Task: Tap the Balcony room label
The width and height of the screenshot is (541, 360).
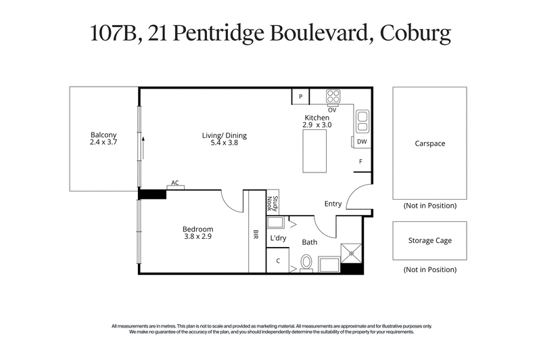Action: [104, 134]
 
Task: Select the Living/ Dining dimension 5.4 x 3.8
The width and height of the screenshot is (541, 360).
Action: [220, 143]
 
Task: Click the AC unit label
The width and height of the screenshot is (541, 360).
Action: [175, 183]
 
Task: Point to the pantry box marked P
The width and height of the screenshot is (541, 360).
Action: [300, 97]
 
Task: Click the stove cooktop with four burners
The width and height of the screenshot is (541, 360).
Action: [333, 96]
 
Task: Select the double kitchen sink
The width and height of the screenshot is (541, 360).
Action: [362, 121]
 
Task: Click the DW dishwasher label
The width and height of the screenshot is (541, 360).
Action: [362, 142]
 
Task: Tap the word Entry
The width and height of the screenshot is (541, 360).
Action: [333, 204]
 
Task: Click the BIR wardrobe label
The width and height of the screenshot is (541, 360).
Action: [256, 235]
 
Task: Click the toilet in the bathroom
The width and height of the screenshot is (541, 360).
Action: [306, 262]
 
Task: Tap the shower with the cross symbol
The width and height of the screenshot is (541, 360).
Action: [352, 252]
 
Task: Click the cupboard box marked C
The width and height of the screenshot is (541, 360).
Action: [278, 261]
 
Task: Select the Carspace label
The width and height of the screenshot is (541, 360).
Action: [430, 143]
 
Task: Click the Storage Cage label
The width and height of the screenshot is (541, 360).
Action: [429, 240]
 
